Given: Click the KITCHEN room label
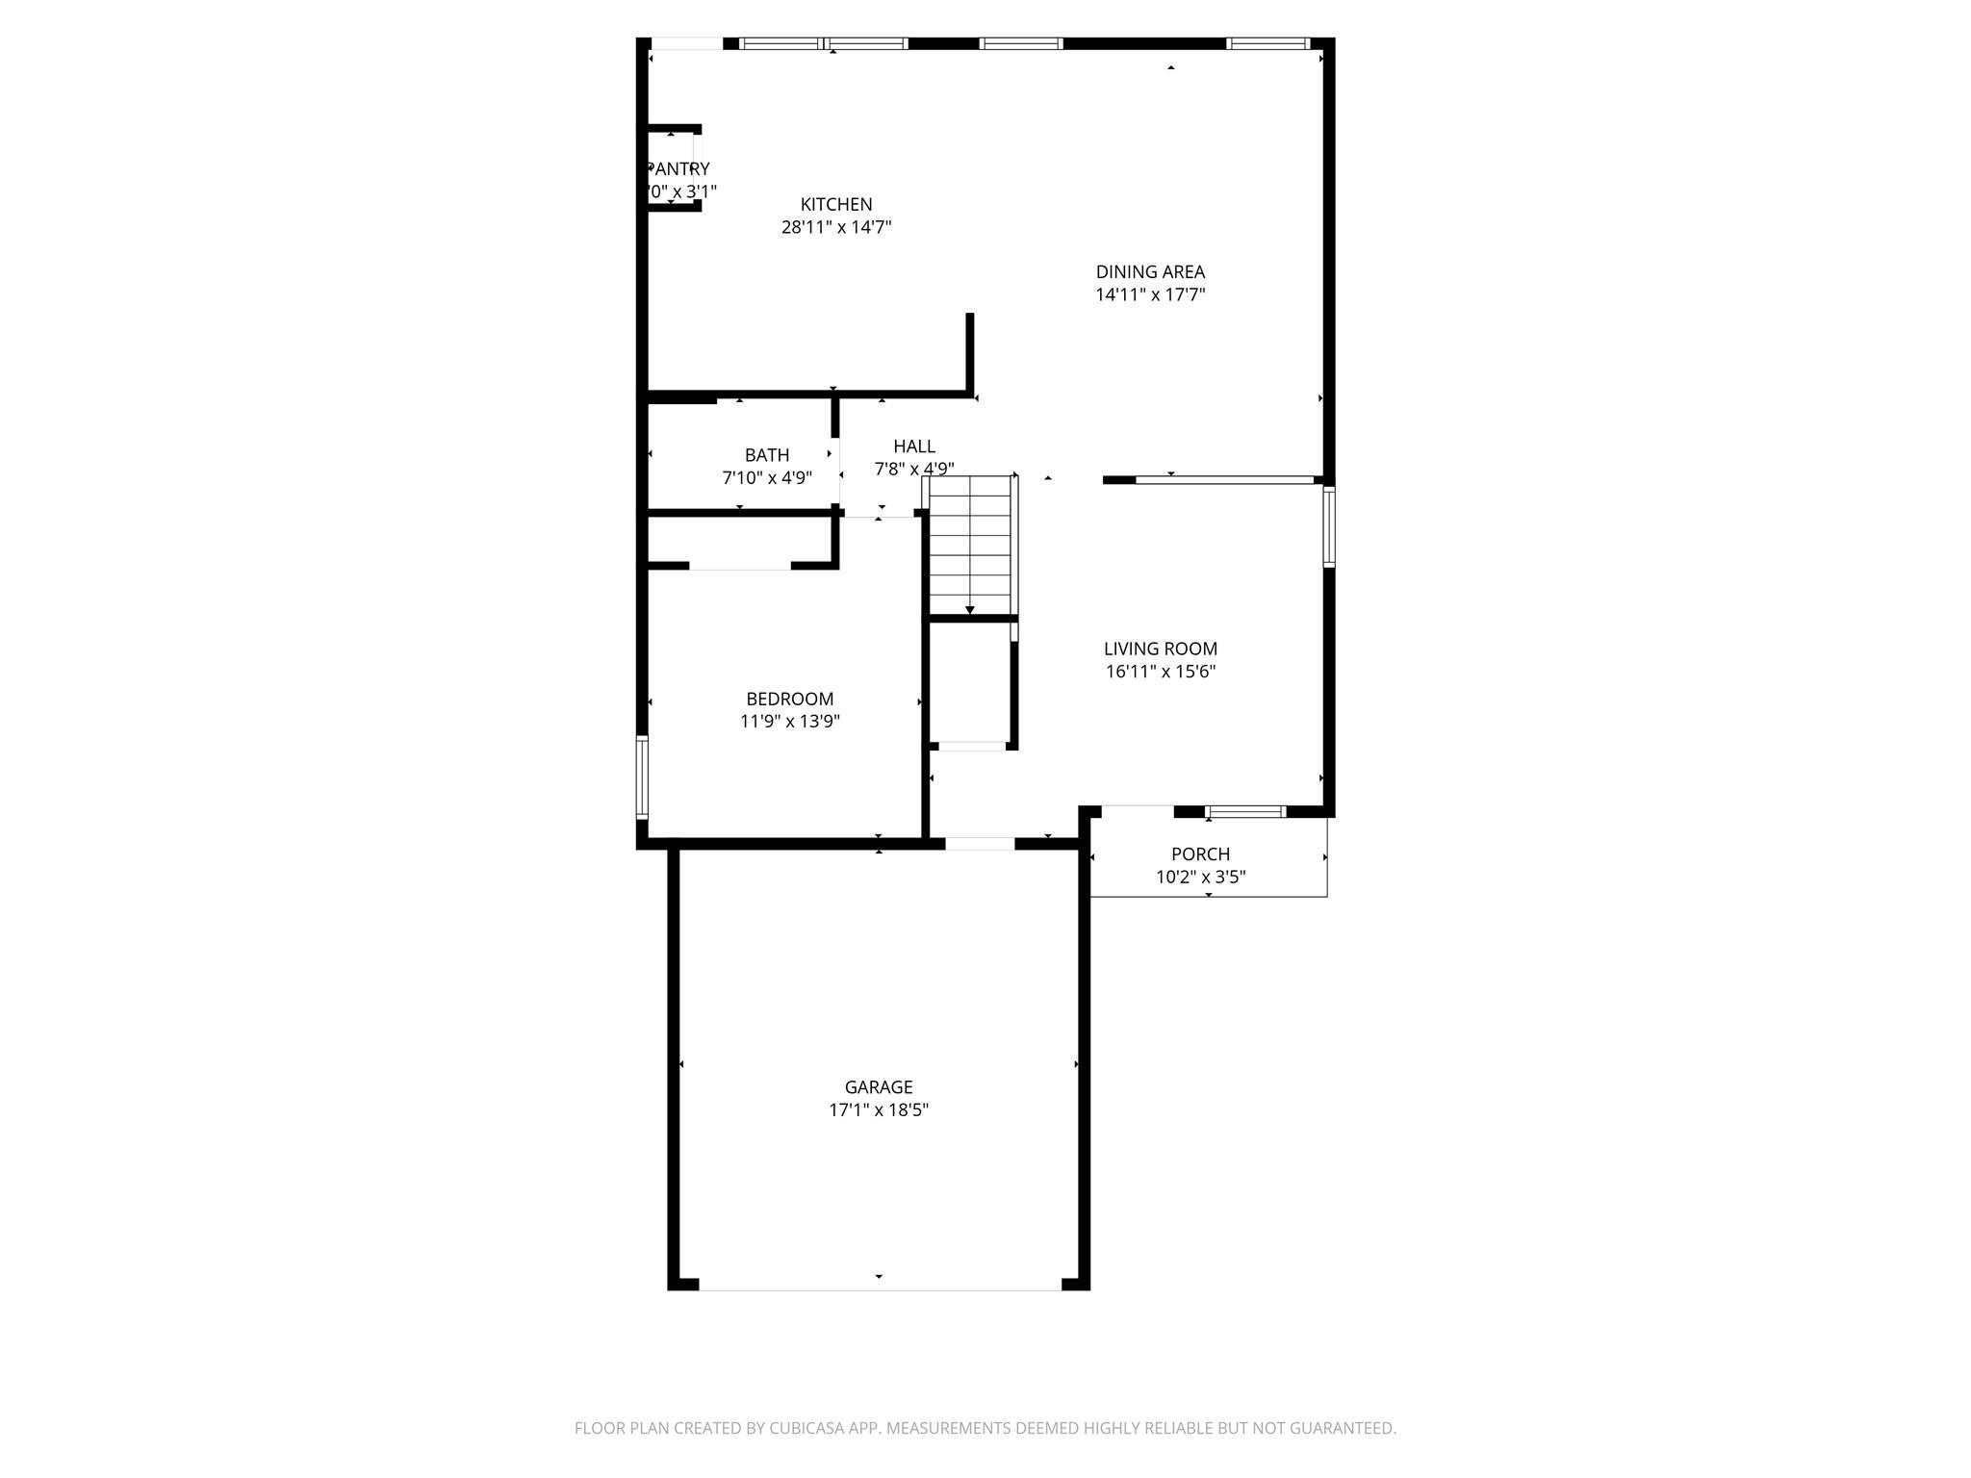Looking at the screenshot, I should tap(836, 204).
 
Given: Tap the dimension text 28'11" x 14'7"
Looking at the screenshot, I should tap(836, 227).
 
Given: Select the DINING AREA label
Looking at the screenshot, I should tap(1150, 271).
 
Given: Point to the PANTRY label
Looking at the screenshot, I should tap(679, 168).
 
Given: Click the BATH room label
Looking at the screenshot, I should tap(767, 454).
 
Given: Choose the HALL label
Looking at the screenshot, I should tap(913, 446).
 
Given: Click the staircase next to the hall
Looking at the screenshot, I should tap(970, 544).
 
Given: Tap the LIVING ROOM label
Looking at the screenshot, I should tap(1160, 649).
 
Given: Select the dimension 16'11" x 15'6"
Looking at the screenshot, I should tap(1160, 672).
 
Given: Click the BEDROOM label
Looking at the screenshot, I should tap(789, 699).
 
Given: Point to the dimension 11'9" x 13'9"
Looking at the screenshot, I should tap(789, 722).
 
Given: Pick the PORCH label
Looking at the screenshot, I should tap(1200, 854).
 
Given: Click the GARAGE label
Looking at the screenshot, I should tap(878, 1086).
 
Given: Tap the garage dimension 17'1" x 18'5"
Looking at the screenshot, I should tap(878, 1109).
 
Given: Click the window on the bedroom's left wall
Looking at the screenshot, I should tap(642, 777).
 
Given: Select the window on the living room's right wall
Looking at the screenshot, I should tap(1329, 526).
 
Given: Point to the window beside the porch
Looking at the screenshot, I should tap(1246, 812).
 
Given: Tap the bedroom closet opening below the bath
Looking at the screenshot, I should tap(739, 566).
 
